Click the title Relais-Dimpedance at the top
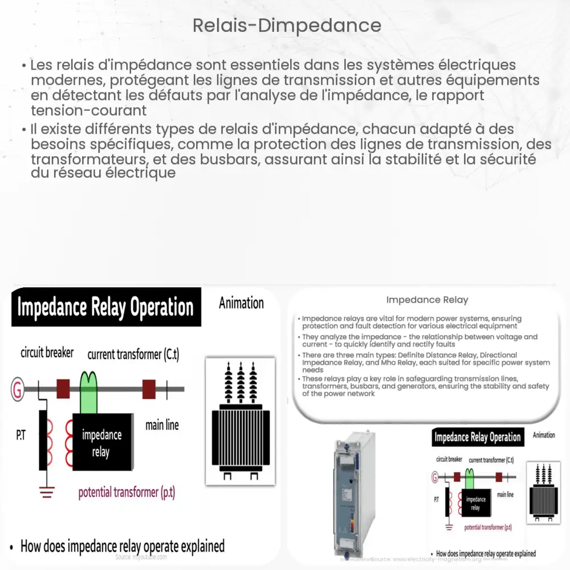[x=287, y=26]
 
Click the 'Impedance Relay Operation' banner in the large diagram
[x=105, y=308]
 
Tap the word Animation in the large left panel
[x=241, y=303]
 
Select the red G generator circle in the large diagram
[x=18, y=389]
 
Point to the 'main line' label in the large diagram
[x=162, y=425]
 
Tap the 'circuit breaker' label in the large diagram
[x=47, y=353]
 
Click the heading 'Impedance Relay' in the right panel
[x=427, y=300]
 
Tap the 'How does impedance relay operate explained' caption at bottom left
[x=122, y=545]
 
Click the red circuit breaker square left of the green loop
[x=62, y=389]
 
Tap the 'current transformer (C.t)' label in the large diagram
[x=133, y=355]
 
